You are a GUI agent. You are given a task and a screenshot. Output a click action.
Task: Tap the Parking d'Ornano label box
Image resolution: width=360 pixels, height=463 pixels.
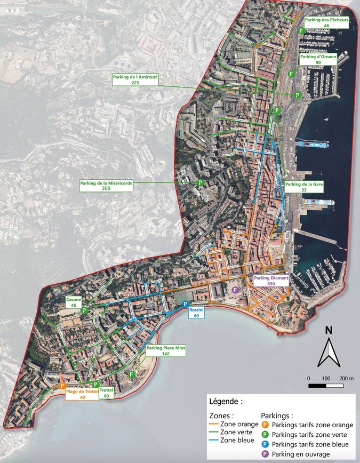pyautogui.click(x=319, y=59)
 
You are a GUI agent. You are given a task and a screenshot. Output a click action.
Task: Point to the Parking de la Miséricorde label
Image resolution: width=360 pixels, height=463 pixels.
pyautogui.click(x=106, y=185)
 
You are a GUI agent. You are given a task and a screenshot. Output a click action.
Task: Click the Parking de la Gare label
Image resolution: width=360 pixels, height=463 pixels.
pyautogui.click(x=305, y=187)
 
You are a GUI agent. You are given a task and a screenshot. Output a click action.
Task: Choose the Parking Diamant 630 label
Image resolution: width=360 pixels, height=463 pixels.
pyautogui.click(x=271, y=281)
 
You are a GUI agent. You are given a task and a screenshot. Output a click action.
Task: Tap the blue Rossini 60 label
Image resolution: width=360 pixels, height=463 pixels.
pyautogui.click(x=197, y=313)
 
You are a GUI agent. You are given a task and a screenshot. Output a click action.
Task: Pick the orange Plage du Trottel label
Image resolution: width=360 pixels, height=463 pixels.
pyautogui.click(x=83, y=394)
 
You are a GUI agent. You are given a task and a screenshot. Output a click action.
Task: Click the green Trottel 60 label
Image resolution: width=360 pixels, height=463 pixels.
pyautogui.click(x=107, y=393)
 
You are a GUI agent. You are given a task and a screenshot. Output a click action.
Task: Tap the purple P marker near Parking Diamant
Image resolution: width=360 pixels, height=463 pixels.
pyautogui.click(x=235, y=290)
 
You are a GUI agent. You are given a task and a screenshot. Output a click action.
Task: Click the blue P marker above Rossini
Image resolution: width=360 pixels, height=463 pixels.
pyautogui.click(x=186, y=304)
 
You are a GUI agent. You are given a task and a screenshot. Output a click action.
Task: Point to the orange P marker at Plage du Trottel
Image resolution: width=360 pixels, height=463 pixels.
pyautogui.click(x=63, y=385)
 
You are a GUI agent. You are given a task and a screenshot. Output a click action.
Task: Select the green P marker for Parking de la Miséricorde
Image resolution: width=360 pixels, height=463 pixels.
pyautogui.click(x=200, y=182)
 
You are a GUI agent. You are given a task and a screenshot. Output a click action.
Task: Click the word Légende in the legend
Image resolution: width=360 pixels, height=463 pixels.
pyautogui.click(x=226, y=401)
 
